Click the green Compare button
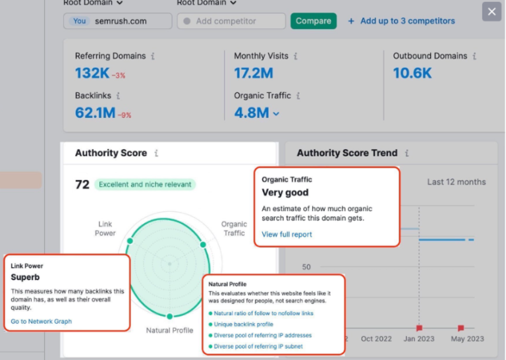(x=313, y=21)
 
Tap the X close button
(x=492, y=11)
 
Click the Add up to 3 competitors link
(x=401, y=21)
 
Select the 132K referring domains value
(x=92, y=73)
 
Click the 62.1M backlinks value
(x=95, y=113)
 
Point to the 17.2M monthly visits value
(x=254, y=73)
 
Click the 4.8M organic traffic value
(x=252, y=113)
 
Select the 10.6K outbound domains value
(x=412, y=73)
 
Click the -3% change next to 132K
(x=118, y=75)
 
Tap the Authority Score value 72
(x=82, y=185)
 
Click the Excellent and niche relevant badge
(x=146, y=185)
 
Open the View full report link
(x=287, y=234)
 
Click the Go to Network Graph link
(x=42, y=322)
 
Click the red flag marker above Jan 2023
(x=419, y=328)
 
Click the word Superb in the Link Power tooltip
(x=25, y=278)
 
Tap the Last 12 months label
(x=456, y=182)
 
